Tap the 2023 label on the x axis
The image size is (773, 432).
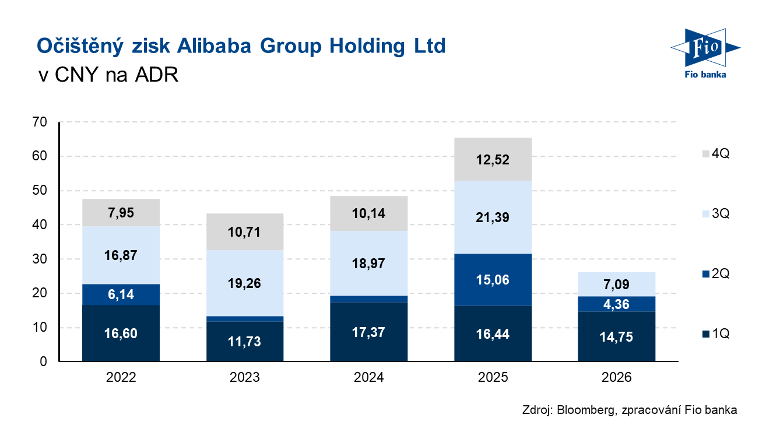(245, 377)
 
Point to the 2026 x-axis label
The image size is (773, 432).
(617, 377)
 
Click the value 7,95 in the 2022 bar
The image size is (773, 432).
(121, 212)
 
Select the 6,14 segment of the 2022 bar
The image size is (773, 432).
(121, 294)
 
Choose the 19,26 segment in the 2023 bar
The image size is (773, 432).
(245, 283)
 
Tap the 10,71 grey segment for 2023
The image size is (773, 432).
(245, 232)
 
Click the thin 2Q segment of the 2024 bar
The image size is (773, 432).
(368, 299)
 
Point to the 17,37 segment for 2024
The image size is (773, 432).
(368, 332)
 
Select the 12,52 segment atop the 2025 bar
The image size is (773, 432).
(493, 159)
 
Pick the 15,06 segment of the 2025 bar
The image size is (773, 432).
(493, 280)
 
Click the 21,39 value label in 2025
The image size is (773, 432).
(493, 217)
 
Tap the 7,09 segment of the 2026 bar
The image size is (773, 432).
(617, 284)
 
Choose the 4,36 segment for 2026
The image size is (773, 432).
(617, 304)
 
